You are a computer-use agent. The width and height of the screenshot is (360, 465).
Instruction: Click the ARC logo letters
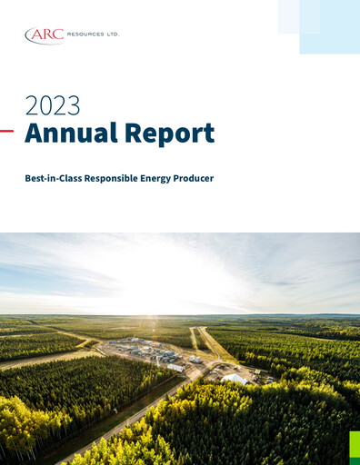click(x=47, y=35)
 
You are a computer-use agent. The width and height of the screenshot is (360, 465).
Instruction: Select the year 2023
click(x=52, y=105)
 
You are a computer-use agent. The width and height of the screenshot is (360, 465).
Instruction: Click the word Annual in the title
click(x=69, y=134)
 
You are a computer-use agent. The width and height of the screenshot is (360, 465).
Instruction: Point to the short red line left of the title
click(x=6, y=131)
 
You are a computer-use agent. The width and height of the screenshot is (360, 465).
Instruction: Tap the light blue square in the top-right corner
click(x=329, y=27)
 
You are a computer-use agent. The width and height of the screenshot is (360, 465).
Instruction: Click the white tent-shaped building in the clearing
click(x=234, y=378)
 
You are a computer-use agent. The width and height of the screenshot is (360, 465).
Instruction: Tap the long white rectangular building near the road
click(x=175, y=367)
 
